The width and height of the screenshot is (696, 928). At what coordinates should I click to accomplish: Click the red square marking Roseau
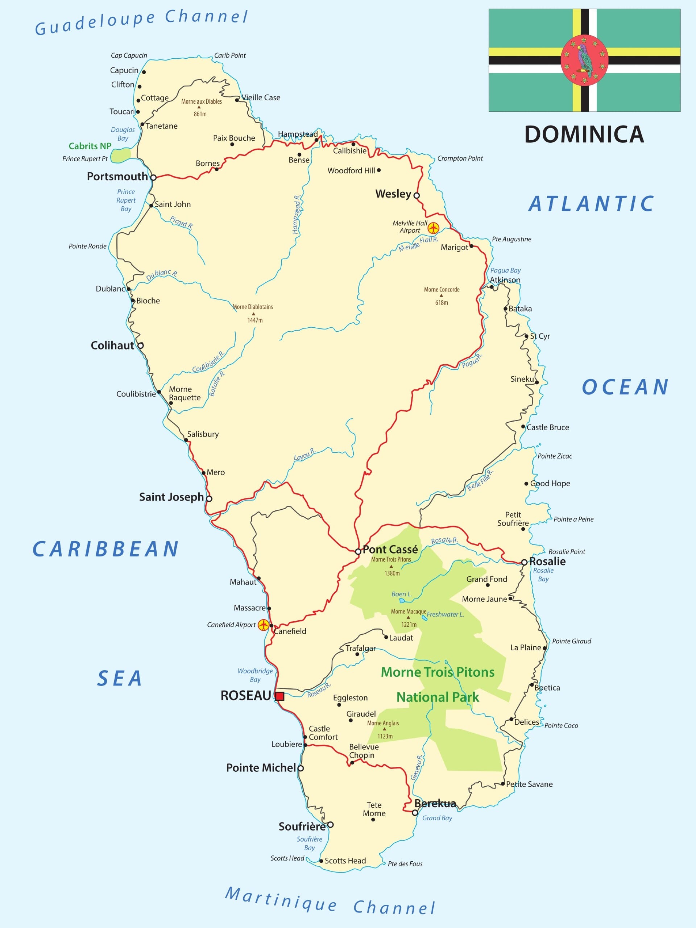coord(279,696)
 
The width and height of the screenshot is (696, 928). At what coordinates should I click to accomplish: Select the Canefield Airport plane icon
coord(263,625)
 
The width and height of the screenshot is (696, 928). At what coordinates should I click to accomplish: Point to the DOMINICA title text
coord(584,134)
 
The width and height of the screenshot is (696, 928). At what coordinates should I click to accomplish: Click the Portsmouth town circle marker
coord(154,178)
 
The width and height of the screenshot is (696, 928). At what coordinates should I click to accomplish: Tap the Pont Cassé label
coord(390,550)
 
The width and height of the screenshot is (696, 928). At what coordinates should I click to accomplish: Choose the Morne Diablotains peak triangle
coord(253,314)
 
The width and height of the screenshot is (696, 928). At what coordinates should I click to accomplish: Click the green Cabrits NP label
coord(90,146)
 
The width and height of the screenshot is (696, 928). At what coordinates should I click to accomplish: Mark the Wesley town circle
coord(417,195)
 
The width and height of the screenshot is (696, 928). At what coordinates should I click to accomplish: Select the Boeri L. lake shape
coord(402,601)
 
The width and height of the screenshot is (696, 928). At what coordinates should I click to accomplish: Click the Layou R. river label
coord(304,454)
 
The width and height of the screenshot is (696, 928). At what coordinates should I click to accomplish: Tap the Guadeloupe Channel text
coord(141,22)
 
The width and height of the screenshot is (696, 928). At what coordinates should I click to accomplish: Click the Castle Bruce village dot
coord(523,427)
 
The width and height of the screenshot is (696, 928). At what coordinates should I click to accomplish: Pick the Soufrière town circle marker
coord(330,825)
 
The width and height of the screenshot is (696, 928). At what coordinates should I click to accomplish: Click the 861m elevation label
coord(200,114)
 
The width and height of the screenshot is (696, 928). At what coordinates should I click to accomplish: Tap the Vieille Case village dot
coord(237,100)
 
